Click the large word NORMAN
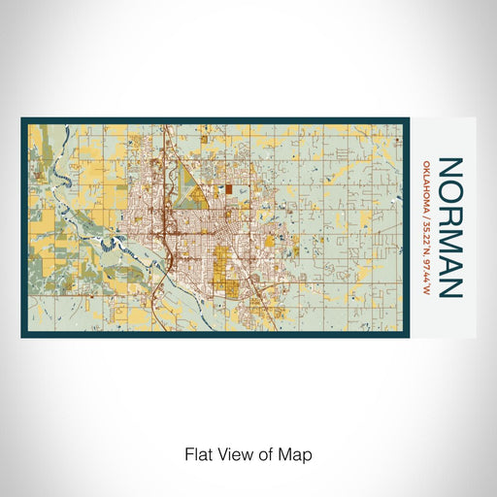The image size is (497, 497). [x=450, y=227]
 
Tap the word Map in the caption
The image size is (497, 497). [x=297, y=453]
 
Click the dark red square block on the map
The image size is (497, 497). [x=229, y=190]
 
